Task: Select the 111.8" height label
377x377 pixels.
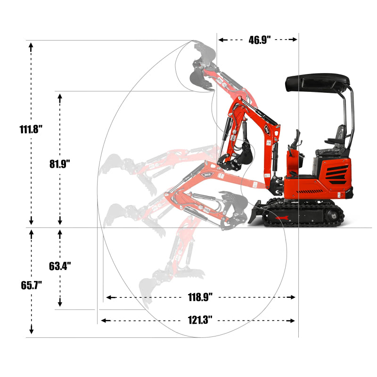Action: (32, 129)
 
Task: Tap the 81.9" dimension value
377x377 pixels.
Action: (59, 164)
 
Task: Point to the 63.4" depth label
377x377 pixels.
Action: (60, 266)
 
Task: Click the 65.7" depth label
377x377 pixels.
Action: (32, 285)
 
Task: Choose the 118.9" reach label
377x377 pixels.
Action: (200, 297)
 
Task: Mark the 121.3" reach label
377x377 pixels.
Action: (200, 320)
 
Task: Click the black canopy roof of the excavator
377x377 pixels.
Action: (318, 82)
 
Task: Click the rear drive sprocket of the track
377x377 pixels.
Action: (336, 217)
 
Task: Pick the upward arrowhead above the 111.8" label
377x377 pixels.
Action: (32, 45)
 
